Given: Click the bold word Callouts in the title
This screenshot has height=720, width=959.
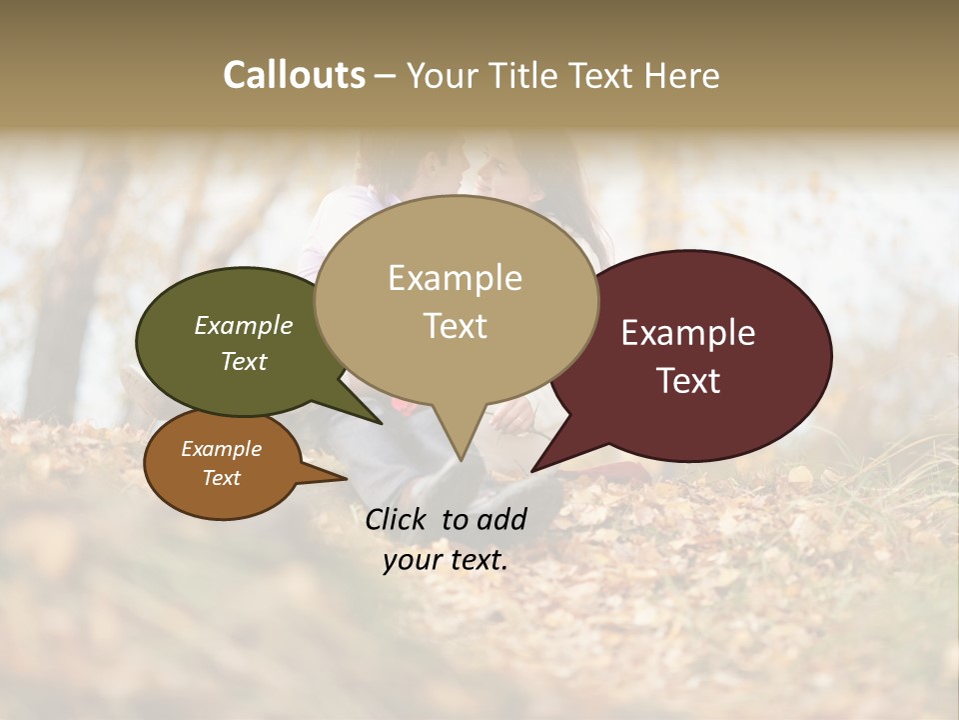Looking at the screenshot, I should pyautogui.click(x=294, y=75).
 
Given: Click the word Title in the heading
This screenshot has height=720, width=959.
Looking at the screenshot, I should pyautogui.click(x=514, y=75).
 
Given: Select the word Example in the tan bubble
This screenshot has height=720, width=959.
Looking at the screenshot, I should pyautogui.click(x=455, y=278).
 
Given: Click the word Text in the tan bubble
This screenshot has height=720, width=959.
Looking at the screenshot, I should pyautogui.click(x=455, y=326).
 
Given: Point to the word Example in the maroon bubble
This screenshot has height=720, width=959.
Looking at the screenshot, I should pyautogui.click(x=688, y=333).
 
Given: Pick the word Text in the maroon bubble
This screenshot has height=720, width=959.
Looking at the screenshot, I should pyautogui.click(x=688, y=381).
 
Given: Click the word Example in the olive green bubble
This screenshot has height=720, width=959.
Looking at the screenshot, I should pyautogui.click(x=244, y=326).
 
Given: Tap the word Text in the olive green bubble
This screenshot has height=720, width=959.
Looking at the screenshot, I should pyautogui.click(x=244, y=361).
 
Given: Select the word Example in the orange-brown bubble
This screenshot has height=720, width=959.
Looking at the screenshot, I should pyautogui.click(x=222, y=449).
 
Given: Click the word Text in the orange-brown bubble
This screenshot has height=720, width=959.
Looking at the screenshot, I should pyautogui.click(x=222, y=478).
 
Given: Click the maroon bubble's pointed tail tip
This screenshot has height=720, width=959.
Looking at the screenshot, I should pyautogui.click(x=532, y=470).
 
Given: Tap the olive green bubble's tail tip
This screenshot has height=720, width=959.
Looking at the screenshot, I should pyautogui.click(x=382, y=423).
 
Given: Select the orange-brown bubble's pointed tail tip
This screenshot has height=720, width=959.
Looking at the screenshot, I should pyautogui.click(x=347, y=479).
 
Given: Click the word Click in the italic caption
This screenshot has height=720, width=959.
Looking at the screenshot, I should pyautogui.click(x=398, y=519).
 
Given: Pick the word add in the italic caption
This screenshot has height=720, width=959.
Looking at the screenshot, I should pyautogui.click(x=500, y=519).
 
